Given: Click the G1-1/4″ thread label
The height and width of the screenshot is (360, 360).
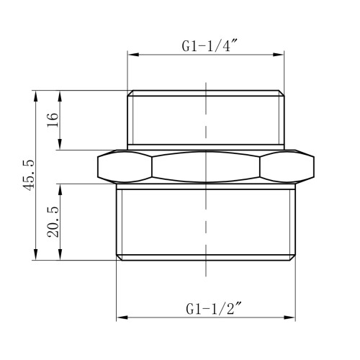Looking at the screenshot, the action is (x=210, y=45).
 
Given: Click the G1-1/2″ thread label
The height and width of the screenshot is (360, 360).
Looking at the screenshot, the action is (x=213, y=309).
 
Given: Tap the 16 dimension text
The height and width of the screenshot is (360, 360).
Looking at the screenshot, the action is (x=53, y=120).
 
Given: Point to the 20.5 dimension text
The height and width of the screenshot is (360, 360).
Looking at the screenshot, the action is (x=53, y=222).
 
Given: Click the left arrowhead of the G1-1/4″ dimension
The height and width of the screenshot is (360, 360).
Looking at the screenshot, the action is (x=133, y=55).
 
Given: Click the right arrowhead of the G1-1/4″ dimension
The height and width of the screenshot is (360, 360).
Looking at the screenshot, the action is (x=278, y=55).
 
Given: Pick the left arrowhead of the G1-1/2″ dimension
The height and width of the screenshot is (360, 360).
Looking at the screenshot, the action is (x=122, y=318).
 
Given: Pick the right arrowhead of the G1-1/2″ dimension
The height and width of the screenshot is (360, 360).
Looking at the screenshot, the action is (x=289, y=318).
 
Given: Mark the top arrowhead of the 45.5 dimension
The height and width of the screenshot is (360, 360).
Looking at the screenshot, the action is (x=36, y=96).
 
